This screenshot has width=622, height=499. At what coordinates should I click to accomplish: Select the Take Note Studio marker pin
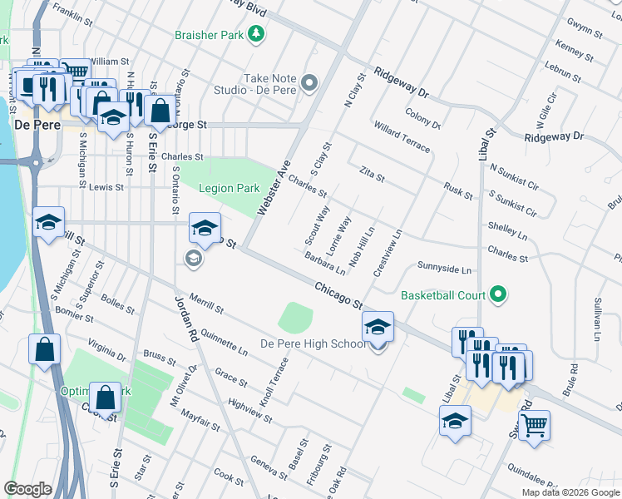pyautogui.click(x=310, y=82)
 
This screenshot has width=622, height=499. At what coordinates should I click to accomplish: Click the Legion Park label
pyautogui.click(x=230, y=189)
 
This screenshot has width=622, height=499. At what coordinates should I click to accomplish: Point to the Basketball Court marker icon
pyautogui.click(x=498, y=294)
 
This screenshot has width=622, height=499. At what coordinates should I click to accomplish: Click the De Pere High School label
pyautogui.click(x=313, y=343)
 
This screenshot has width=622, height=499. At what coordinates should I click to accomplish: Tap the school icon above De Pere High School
pyautogui.click(x=378, y=327)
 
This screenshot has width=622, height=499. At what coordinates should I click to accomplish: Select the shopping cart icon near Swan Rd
pyautogui.click(x=534, y=425)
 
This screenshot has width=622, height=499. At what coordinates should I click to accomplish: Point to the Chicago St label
pyautogui.click(x=339, y=296)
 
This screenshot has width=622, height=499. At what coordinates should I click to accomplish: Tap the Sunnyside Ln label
pyautogui.click(x=444, y=270)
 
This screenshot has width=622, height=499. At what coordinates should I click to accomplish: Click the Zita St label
pyautogui.click(x=372, y=174)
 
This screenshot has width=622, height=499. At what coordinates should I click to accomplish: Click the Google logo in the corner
pyautogui.click(x=27, y=489)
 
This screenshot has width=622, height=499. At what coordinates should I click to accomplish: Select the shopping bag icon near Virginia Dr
pyautogui.click(x=43, y=349)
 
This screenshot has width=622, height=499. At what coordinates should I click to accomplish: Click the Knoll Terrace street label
pyautogui.click(x=274, y=382)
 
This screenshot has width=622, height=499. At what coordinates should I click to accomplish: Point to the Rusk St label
pyautogui.click(x=458, y=191)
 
